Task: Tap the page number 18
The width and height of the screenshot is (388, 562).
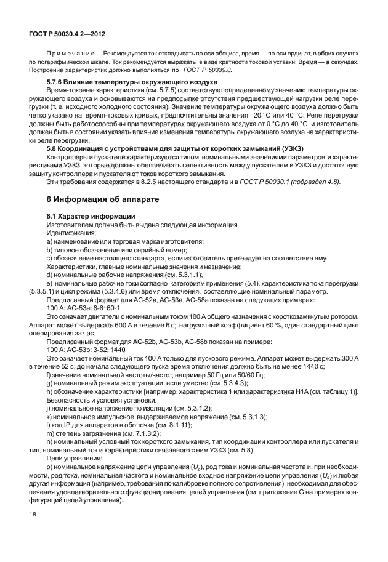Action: [x=32, y=530]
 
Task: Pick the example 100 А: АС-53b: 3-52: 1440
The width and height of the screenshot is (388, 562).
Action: [x=86, y=350]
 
